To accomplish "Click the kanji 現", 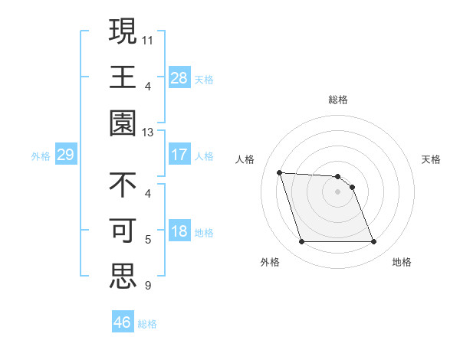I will (x=123, y=31).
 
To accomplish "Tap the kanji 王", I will (x=123, y=77).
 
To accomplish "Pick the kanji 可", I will (x=123, y=231).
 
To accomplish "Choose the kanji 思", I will (x=123, y=277).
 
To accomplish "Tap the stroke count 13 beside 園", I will (x=149, y=132).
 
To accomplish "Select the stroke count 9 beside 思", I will (x=148, y=286).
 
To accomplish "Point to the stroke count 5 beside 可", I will (x=148, y=239).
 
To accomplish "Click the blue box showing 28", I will (x=179, y=78).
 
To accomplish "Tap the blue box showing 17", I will (x=179, y=155).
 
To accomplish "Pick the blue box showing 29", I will (x=65, y=155).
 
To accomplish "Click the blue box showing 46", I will (x=123, y=322).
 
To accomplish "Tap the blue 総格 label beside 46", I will (x=147, y=324).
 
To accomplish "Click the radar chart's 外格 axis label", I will (x=270, y=263).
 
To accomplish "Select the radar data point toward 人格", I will (x=280, y=172).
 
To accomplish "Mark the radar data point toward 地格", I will (x=373, y=242).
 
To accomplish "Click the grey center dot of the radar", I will (x=337, y=191).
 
